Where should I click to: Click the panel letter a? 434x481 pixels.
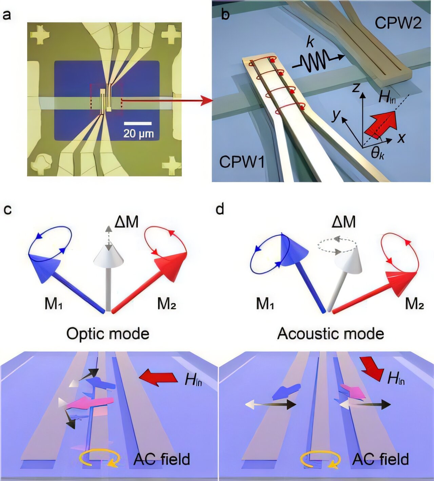pos(6,15)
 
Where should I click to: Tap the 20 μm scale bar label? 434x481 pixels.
pos(138,133)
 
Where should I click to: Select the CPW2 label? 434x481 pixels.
pos(398,23)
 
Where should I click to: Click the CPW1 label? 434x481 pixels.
pos(242,162)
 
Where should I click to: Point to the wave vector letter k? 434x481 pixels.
pos(310,42)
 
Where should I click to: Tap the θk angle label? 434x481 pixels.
pos(377,153)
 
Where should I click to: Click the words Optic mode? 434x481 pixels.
pos(108,334)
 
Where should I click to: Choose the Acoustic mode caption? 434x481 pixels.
pos(331,334)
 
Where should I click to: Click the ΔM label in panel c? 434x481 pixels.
pos(126,222)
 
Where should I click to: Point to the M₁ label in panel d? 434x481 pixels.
pos(265,304)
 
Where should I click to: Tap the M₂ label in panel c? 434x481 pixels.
pos(166,304)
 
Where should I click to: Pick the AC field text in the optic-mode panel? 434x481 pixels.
pos(162,459)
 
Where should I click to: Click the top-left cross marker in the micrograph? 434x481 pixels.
pos(40,35)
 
